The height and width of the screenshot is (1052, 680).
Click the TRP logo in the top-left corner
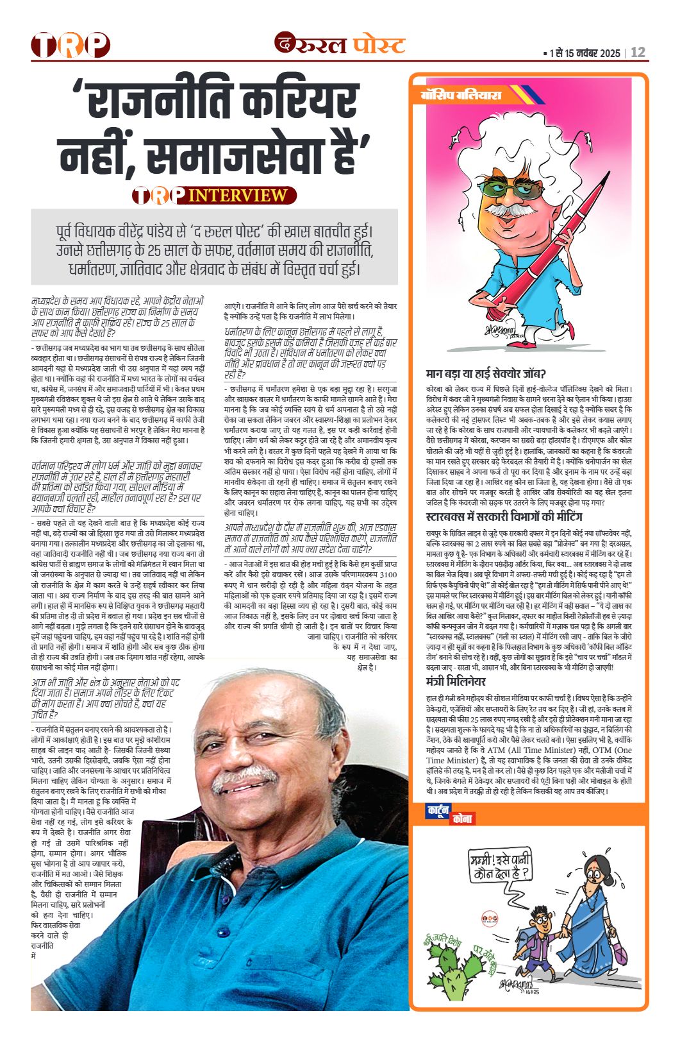70,45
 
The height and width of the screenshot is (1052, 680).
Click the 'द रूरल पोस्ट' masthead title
340,44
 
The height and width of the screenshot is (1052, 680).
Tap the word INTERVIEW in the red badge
238,195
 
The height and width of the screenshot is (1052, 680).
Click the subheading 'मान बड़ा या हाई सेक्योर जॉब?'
486,374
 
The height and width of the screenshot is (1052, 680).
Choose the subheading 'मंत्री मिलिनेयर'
456,681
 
